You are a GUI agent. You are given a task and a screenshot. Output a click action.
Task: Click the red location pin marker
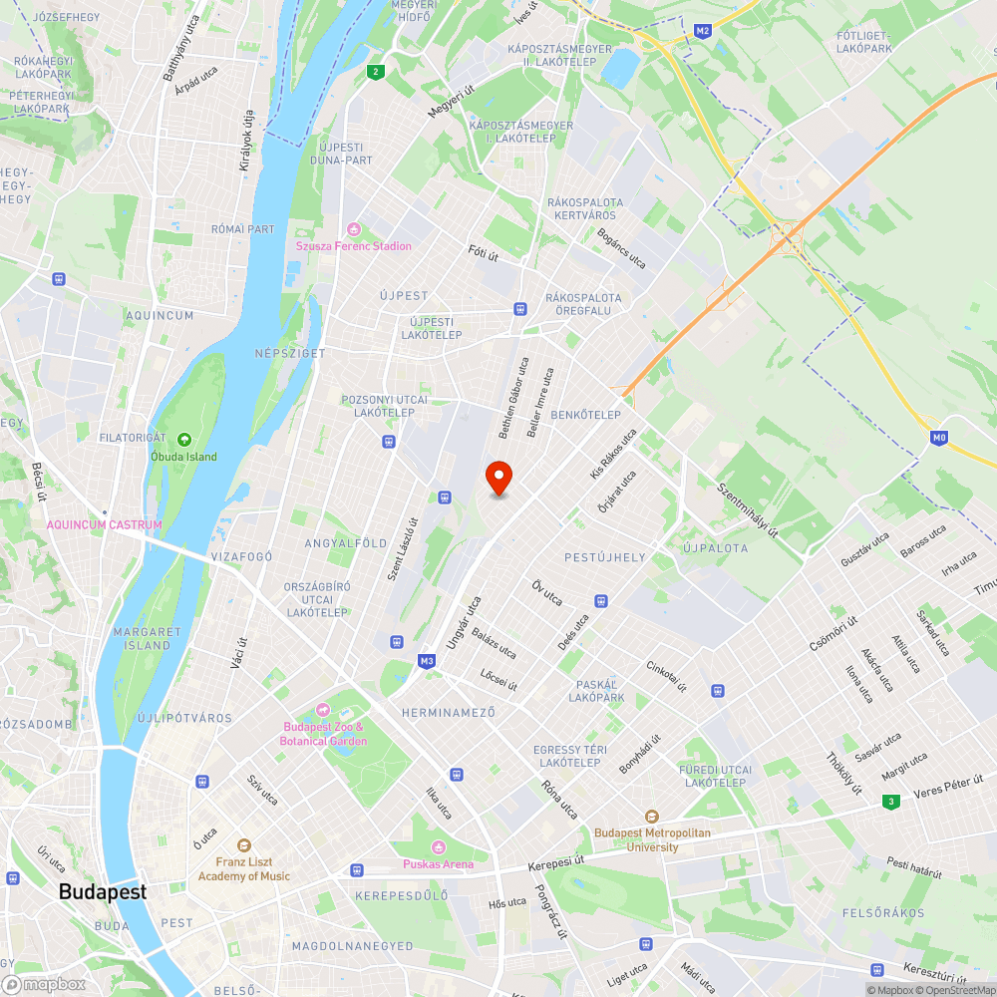(x=498, y=479)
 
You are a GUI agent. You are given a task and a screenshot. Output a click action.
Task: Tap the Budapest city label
(x=103, y=892)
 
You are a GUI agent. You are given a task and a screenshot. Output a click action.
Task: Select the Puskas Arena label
(x=439, y=864)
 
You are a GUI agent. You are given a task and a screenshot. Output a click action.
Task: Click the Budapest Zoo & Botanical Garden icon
(x=323, y=710)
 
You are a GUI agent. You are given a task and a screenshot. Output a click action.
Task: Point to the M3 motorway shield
(x=427, y=661)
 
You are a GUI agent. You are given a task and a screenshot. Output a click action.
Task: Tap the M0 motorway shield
(x=938, y=437)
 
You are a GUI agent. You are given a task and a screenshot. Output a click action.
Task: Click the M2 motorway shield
(x=703, y=31)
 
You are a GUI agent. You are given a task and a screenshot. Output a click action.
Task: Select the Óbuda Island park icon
(x=183, y=440)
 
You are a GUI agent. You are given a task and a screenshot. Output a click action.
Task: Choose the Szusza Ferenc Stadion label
(x=353, y=246)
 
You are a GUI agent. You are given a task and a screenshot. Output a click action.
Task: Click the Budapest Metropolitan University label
(x=652, y=839)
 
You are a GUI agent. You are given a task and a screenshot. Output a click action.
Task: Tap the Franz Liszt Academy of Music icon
(x=244, y=844)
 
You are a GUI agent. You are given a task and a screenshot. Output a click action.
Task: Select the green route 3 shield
(x=889, y=801)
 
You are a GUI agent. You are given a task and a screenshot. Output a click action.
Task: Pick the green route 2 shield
(x=375, y=71)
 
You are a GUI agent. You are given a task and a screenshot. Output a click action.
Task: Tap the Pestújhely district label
(x=605, y=557)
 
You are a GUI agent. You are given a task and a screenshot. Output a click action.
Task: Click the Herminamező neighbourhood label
(x=448, y=713)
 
